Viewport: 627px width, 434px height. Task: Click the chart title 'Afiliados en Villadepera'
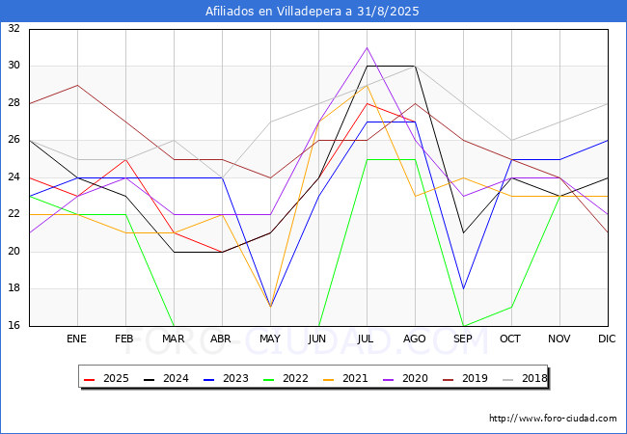[313, 12]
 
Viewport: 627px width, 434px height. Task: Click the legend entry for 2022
[287, 378]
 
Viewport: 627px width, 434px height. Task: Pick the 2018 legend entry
[527, 378]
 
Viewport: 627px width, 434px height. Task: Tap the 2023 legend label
[228, 378]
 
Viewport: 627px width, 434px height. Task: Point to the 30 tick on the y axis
[14, 66]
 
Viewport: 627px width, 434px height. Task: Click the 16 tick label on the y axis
[14, 326]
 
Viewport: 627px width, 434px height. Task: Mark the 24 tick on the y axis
[14, 177]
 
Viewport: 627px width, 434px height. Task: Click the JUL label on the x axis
[367, 339]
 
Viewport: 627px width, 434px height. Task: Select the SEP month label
[463, 339]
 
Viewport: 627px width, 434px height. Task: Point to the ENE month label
[77, 339]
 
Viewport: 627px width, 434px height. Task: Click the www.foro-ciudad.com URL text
[553, 419]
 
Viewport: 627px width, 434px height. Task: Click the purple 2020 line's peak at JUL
[367, 47]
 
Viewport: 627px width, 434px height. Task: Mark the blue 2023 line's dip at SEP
[463, 288]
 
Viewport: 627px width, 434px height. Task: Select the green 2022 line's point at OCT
[511, 307]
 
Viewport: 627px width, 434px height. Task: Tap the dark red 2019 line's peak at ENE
[77, 85]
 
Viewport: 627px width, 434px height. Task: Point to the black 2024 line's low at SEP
[463, 232]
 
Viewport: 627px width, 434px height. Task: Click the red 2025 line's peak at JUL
[367, 103]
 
